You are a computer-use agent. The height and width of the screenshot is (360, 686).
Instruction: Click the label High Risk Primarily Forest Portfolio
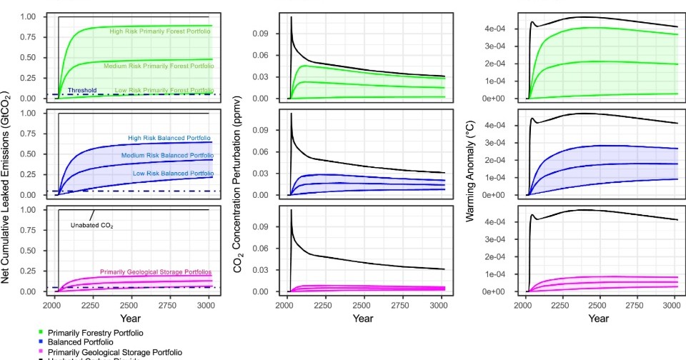click(160, 31)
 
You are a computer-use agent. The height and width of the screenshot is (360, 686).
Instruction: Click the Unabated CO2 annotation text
click(92, 225)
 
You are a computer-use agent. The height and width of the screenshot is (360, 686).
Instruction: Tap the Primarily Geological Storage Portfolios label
click(156, 272)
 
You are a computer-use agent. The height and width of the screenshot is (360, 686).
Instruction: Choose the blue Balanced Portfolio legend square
click(41, 342)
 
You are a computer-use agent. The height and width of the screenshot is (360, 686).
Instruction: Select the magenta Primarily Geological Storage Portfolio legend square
click(41, 352)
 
